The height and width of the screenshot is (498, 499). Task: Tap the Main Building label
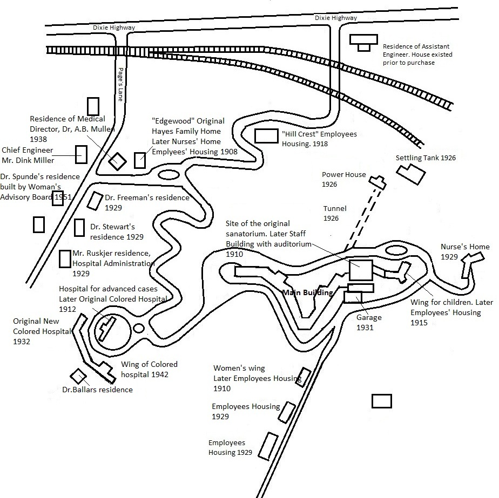click(x=307, y=292)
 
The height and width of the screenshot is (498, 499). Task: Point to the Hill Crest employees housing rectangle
click(x=266, y=135)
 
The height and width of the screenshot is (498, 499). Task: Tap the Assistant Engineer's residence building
click(x=363, y=41)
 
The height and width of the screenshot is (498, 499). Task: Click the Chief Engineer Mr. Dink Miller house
click(x=81, y=154)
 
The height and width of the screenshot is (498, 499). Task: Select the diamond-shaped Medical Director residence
click(x=117, y=161)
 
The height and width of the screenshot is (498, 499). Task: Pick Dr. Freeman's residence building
click(x=96, y=201)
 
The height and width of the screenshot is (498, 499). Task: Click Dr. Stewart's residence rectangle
click(x=79, y=227)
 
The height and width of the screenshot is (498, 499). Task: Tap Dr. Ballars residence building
click(x=78, y=376)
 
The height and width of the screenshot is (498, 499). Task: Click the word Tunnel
click(x=335, y=208)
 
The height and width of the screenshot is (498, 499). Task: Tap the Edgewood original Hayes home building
click(x=140, y=160)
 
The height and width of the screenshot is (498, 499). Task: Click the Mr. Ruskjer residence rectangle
click(x=65, y=258)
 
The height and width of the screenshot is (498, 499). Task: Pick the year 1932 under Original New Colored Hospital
click(x=22, y=342)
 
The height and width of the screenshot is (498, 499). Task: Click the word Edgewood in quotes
click(x=173, y=121)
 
